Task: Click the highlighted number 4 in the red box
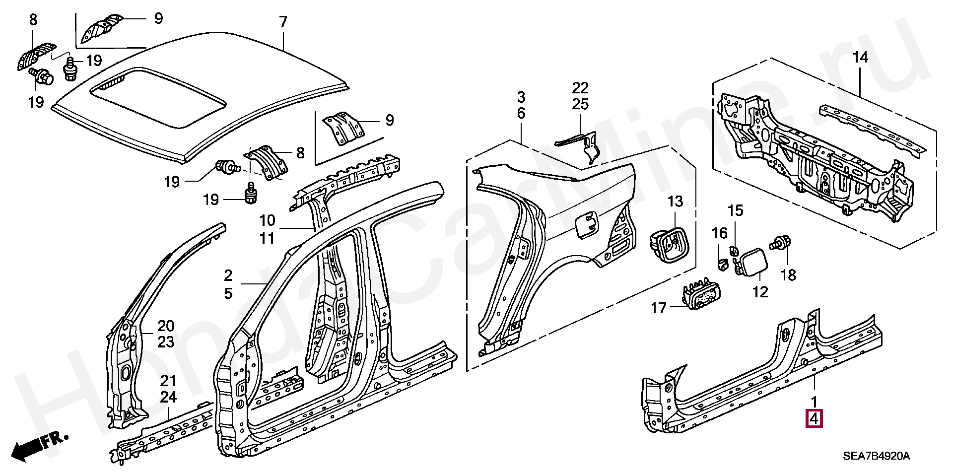[814, 419]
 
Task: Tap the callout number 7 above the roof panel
[283, 22]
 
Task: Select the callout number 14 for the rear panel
[860, 58]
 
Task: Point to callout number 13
[675, 202]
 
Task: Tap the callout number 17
[659, 308]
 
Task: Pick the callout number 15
[736, 210]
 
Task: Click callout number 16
[720, 233]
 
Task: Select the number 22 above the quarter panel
[580, 88]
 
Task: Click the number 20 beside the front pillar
[166, 326]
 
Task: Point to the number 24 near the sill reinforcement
[168, 397]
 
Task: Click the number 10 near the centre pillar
[267, 220]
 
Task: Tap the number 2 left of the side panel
[228, 275]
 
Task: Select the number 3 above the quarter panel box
[521, 97]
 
